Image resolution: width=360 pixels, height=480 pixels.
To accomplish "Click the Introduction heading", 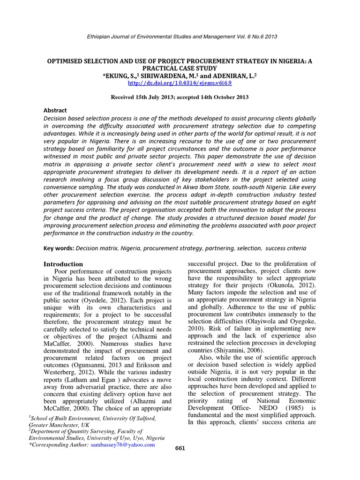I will click(63, 264).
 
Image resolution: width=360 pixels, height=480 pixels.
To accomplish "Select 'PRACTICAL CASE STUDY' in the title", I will click(180, 68).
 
